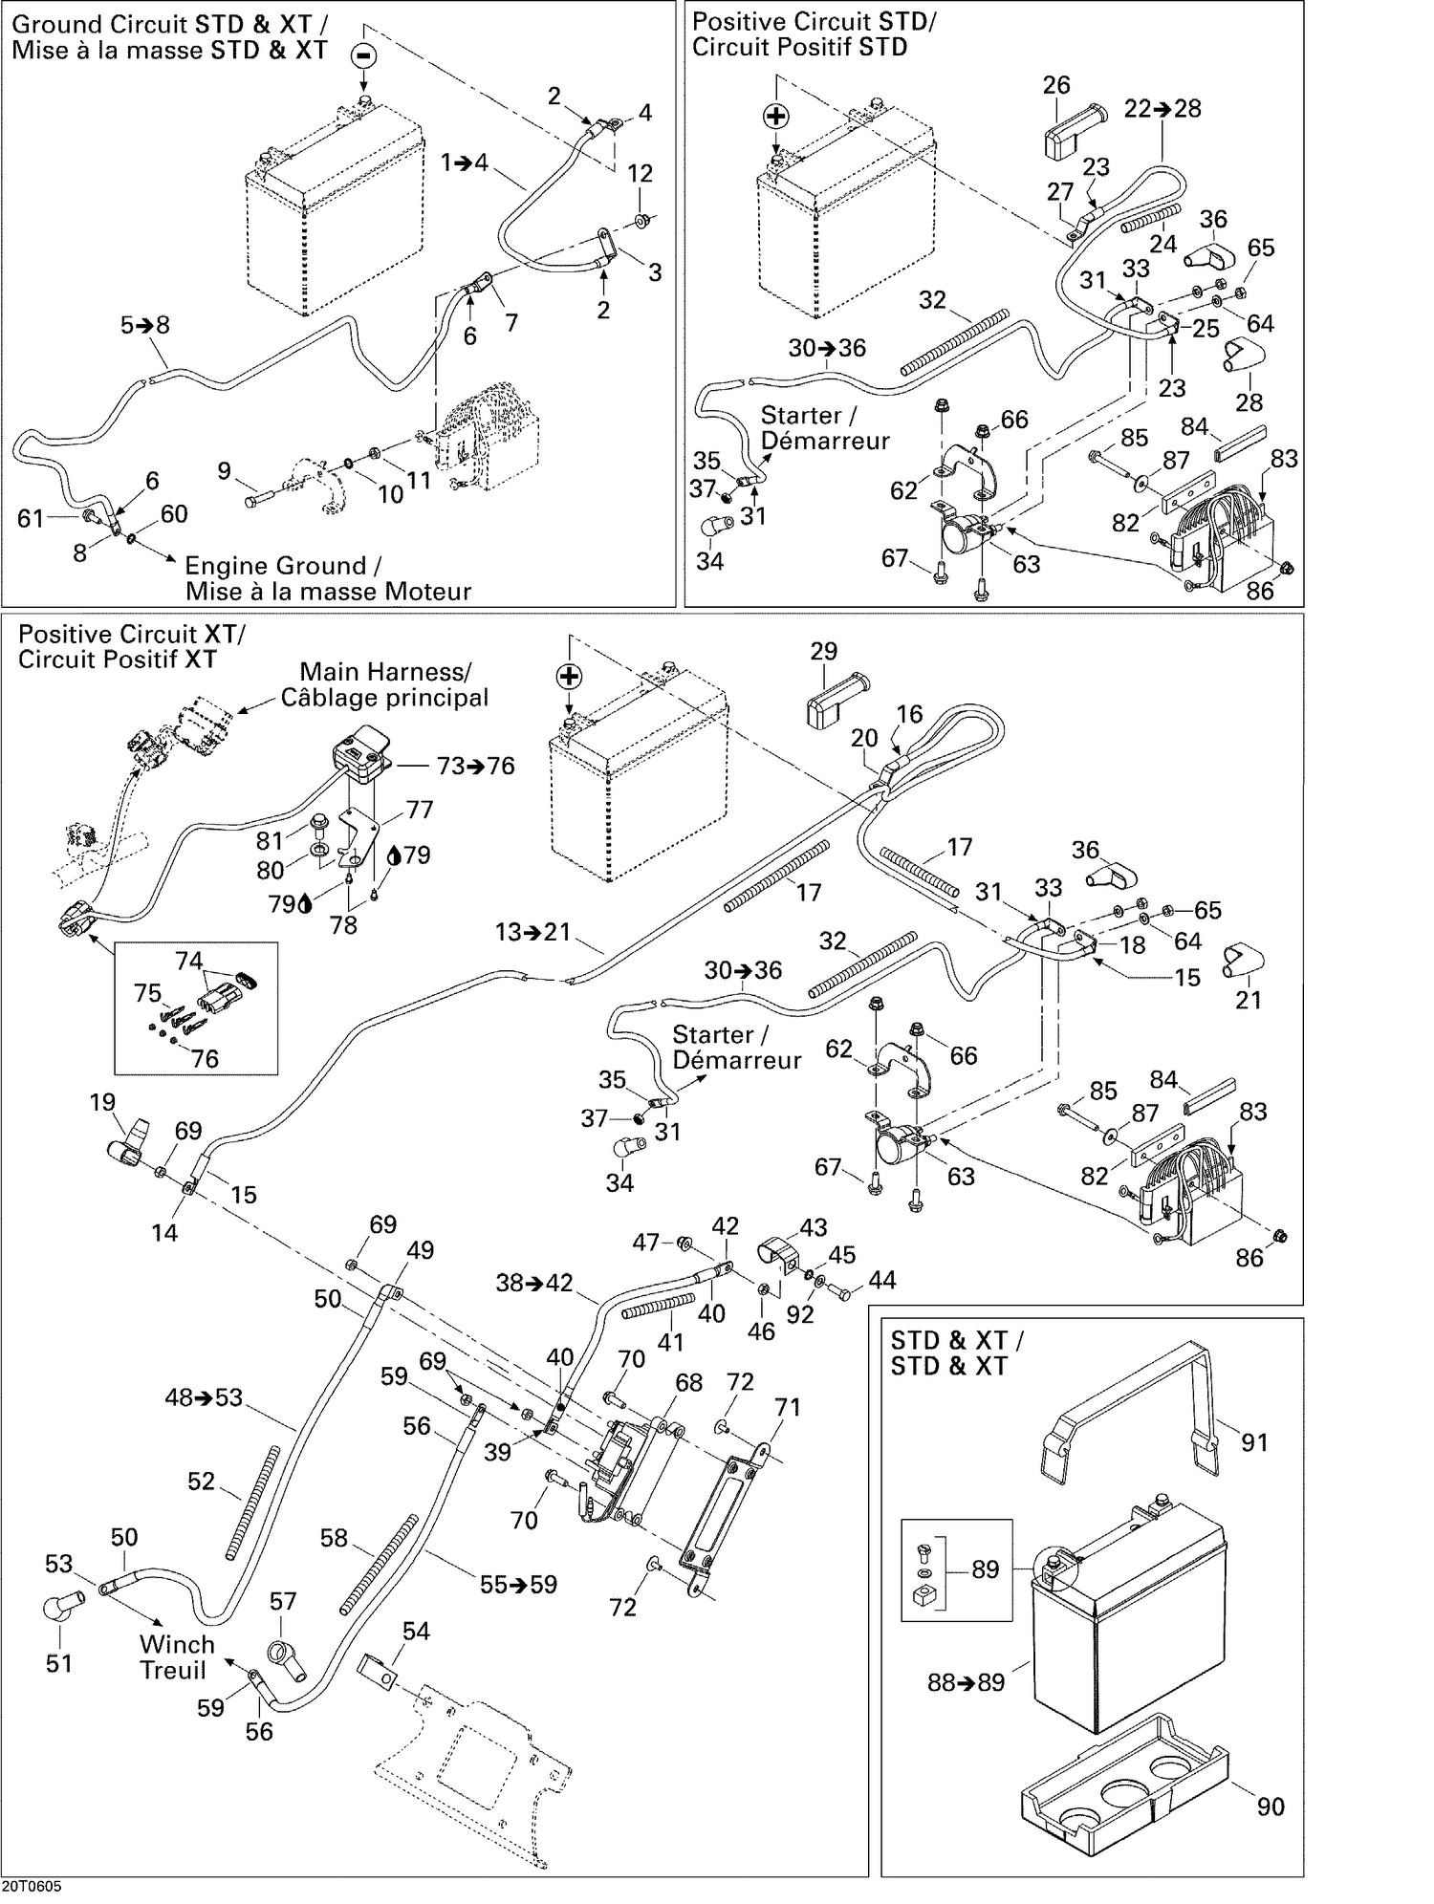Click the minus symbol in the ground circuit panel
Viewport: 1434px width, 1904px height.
point(363,54)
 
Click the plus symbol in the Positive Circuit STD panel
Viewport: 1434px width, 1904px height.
point(777,117)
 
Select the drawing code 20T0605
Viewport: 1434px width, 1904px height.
point(32,1886)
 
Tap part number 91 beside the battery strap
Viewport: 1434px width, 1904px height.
point(1253,1441)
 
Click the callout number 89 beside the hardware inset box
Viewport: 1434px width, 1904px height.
point(985,1569)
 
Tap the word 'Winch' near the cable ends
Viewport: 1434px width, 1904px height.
point(177,1644)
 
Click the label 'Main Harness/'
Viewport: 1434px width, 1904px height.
point(385,672)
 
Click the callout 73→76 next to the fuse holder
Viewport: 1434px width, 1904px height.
point(475,766)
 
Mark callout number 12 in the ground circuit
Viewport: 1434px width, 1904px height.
point(640,174)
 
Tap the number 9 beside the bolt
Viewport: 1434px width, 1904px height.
point(225,470)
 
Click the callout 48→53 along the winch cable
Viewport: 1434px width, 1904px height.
point(204,1397)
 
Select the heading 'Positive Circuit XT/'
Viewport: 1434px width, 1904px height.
point(132,634)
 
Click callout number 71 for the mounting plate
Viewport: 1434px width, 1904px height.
point(788,1407)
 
